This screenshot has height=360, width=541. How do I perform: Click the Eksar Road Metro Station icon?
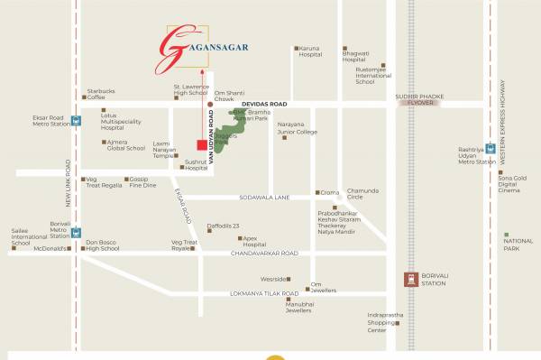point(77,118)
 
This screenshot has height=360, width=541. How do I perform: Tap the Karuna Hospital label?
point(311,51)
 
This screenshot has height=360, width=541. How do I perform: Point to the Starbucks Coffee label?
point(101,94)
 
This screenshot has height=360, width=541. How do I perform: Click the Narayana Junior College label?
point(297,132)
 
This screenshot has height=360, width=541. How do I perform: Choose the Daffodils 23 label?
point(223,226)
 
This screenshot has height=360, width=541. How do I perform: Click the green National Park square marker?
point(507,235)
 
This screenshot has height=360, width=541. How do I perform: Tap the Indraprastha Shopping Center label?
point(385,322)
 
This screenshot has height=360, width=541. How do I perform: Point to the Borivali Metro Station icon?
point(77,232)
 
